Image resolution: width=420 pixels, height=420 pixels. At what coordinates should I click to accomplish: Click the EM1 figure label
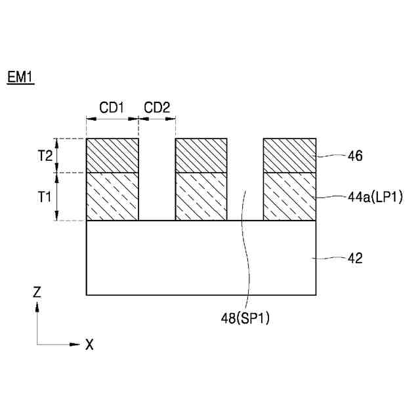(20, 77)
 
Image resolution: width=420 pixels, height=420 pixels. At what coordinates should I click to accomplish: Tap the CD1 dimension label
(112, 107)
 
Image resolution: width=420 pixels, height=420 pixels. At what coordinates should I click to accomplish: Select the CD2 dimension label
(157, 107)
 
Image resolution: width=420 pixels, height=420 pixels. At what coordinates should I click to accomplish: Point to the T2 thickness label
(44, 156)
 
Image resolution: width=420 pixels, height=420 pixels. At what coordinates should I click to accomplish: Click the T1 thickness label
(44, 196)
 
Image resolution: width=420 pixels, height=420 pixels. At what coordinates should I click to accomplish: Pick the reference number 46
(356, 156)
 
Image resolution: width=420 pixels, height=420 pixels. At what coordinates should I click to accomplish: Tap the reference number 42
(355, 259)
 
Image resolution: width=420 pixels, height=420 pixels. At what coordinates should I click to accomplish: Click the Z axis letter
(37, 293)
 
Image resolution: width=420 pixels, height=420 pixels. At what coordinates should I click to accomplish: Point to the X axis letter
(89, 345)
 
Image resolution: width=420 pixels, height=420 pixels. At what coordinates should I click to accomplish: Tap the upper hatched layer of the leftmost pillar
(112, 156)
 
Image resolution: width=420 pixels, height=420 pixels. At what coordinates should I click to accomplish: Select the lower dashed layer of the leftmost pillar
(112, 196)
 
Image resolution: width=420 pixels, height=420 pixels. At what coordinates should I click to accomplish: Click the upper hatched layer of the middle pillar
(201, 156)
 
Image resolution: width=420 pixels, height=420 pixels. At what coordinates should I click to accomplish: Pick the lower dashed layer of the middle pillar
(201, 196)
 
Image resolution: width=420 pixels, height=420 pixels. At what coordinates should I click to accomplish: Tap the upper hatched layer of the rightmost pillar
(289, 156)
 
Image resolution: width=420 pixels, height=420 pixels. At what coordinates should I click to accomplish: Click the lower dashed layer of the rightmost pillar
(289, 196)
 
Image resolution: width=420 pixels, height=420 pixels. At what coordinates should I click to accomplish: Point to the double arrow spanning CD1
(112, 119)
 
